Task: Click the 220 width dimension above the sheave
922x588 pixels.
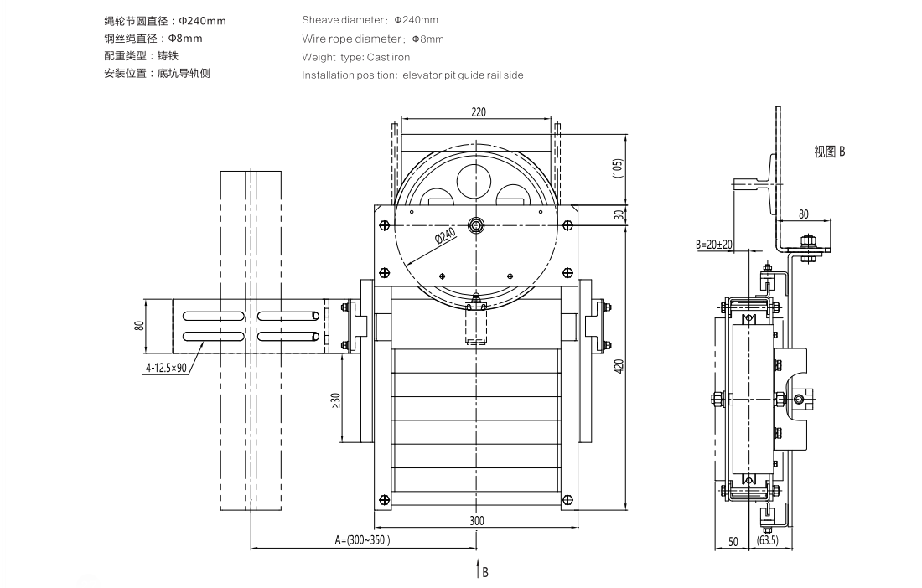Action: [x=478, y=111]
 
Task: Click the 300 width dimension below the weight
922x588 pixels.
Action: [x=477, y=521]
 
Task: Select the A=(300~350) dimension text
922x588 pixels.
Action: [x=362, y=541]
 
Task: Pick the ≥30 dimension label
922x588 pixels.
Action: [x=334, y=400]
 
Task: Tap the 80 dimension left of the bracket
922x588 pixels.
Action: [x=139, y=326]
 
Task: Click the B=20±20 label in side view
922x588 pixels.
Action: [x=714, y=245]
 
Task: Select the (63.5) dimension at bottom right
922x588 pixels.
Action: [x=767, y=541]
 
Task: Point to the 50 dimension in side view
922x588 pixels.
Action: [x=733, y=541]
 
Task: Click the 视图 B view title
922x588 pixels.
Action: [x=829, y=152]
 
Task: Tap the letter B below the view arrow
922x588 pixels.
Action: [x=484, y=573]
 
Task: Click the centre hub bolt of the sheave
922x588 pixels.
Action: [x=476, y=224]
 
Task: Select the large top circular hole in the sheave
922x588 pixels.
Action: [x=476, y=178]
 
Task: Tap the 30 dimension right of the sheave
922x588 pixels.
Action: [x=619, y=214]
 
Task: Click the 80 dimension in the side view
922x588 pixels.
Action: [x=803, y=214]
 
